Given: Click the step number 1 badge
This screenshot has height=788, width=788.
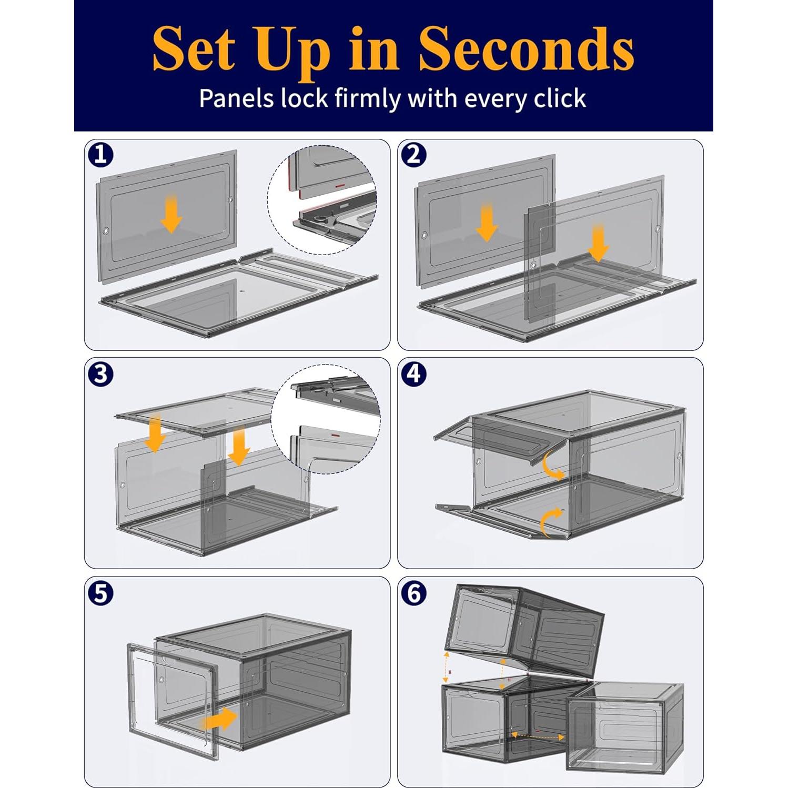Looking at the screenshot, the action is pos(100,155).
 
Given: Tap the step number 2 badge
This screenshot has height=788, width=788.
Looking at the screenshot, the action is pos(413,155).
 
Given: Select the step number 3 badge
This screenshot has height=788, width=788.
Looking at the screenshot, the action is pos(100,374).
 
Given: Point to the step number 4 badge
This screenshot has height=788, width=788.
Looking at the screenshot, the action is pos(413,374).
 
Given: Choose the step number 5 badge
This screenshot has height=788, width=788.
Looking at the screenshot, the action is pos(100,593).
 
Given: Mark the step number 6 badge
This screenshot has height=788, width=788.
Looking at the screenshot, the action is pos(413,593).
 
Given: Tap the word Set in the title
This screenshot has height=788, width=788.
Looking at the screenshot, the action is pos(194,49).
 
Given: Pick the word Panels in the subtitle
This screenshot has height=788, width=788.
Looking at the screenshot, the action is pos(236,98).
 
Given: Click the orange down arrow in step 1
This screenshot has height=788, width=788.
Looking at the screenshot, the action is pos(171,214).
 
